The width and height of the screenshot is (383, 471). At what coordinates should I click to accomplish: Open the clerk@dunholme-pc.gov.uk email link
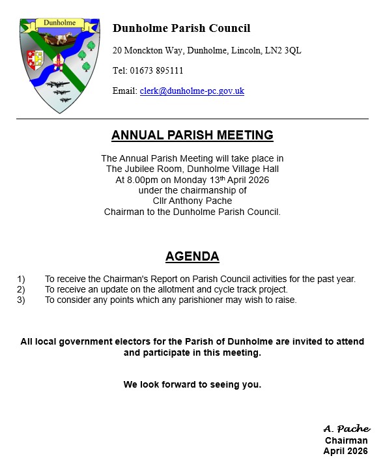pyautogui.click(x=191, y=91)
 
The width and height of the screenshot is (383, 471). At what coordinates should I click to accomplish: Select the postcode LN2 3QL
pyautogui.click(x=285, y=50)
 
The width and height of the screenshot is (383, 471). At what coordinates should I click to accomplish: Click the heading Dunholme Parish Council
pyautogui.click(x=181, y=29)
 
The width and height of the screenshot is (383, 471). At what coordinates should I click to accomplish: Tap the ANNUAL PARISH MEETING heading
pyautogui.click(x=192, y=136)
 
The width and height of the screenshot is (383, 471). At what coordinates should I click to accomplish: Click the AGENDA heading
pyautogui.click(x=192, y=256)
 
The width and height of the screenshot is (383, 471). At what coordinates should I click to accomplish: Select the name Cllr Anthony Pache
pyautogui.click(x=192, y=201)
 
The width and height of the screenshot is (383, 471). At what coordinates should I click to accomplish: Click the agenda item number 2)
pyautogui.click(x=21, y=289)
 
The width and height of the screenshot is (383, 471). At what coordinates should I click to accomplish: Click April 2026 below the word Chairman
pyautogui.click(x=345, y=451)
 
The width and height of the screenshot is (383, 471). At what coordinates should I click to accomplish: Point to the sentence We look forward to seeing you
pyautogui.click(x=192, y=384)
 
